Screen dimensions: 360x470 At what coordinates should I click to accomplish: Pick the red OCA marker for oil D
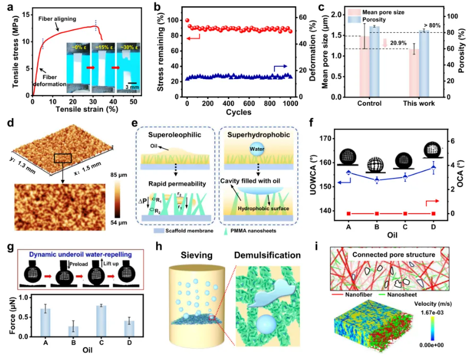coord(434,213)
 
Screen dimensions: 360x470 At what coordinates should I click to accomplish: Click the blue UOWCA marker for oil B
coord(377,180)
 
